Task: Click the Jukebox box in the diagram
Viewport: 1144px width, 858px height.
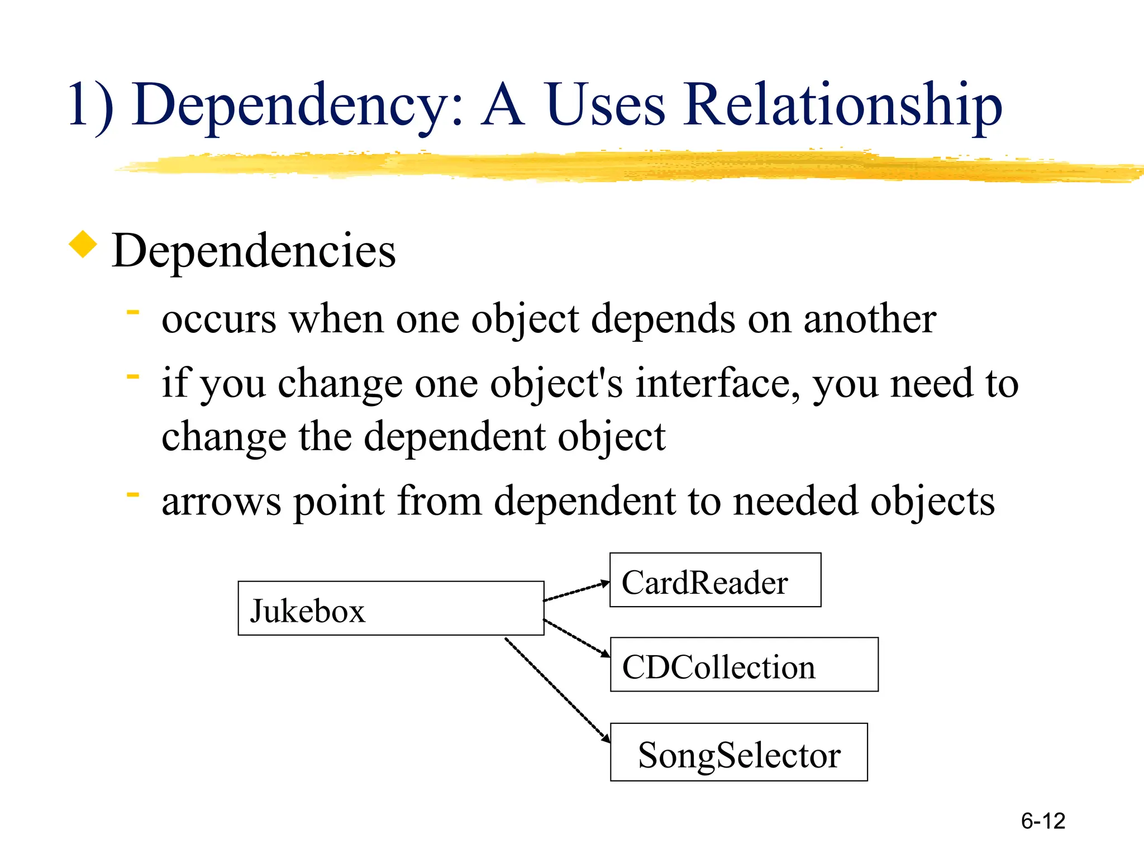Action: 390,608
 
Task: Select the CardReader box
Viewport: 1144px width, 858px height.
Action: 715,580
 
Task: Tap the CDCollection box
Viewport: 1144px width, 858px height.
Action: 744,665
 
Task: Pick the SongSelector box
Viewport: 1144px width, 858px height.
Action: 738,752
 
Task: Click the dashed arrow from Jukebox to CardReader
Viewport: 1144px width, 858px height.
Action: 576,592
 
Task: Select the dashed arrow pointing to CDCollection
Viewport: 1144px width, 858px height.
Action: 576,637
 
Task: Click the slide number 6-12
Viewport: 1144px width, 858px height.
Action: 1043,821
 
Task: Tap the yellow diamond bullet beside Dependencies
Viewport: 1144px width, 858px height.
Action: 83,245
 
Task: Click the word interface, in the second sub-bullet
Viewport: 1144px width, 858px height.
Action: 719,384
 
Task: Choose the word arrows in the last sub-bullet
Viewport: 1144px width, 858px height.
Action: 221,501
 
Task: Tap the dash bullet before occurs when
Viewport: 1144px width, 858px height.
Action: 133,313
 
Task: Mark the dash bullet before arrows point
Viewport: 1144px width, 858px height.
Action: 133,494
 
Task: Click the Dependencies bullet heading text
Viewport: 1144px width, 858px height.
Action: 254,251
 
